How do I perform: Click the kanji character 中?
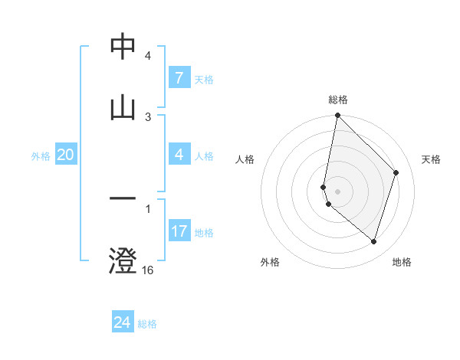coord(123,47)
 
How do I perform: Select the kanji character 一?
coord(123,200)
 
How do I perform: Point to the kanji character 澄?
coord(123,260)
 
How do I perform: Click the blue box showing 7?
coord(179,78)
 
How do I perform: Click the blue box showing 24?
coord(122,322)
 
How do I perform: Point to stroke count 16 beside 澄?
coord(148,270)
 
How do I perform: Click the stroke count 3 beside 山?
coord(148,116)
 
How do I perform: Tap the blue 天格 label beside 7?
coord(204,79)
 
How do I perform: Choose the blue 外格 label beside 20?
coord(41,156)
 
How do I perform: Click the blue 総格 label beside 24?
coord(147,324)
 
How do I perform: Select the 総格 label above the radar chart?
coord(338,100)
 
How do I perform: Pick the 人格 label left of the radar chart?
coord(245,159)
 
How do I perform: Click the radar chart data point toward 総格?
coord(337,116)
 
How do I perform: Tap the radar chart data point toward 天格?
coord(396,172)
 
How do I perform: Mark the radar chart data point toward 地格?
coord(373,241)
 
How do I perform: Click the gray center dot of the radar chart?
coord(337,191)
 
